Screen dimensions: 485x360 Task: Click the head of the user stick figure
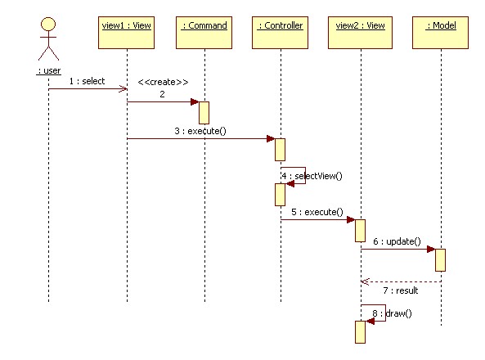(48, 24)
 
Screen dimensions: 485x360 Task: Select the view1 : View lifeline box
(126, 33)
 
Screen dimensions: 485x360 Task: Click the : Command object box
(204, 33)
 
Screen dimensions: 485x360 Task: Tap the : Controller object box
(280, 33)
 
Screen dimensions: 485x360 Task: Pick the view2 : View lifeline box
(360, 33)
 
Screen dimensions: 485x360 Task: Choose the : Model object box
(440, 33)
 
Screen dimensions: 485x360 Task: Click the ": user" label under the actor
(48, 71)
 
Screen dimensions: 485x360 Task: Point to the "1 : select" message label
(87, 81)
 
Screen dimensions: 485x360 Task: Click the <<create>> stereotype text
(163, 82)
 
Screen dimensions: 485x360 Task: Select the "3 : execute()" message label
(200, 131)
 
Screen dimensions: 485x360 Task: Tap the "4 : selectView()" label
(312, 176)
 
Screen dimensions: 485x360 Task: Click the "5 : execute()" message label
(317, 212)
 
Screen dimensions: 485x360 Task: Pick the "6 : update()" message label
(397, 241)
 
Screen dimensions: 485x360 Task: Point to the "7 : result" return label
(401, 290)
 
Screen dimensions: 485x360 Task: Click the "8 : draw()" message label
(392, 313)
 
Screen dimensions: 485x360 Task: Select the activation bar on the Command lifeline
(204, 113)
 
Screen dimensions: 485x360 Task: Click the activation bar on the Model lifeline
(440, 260)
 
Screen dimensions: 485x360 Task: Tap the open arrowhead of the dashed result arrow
(365, 281)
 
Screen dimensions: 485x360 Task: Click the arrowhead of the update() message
(431, 249)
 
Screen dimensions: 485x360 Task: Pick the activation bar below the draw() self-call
(360, 332)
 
